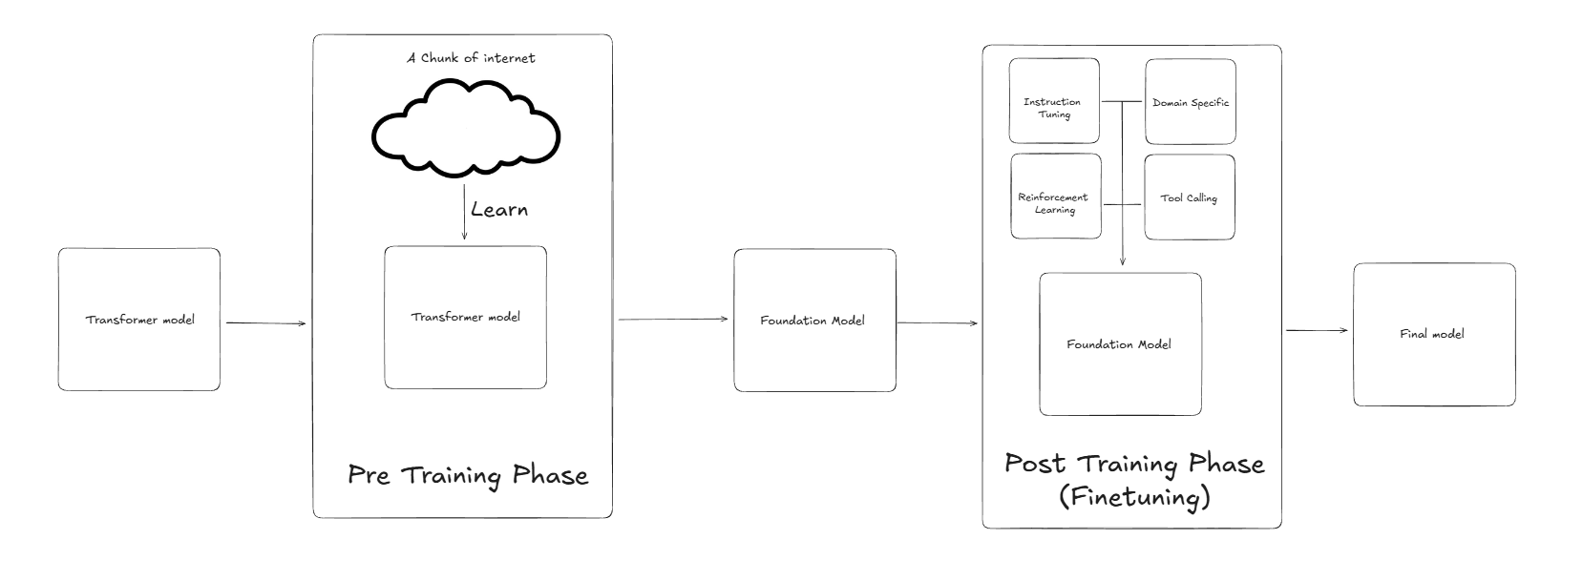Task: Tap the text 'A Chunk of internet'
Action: click(471, 58)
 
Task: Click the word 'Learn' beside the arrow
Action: click(498, 209)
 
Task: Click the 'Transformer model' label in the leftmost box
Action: click(139, 320)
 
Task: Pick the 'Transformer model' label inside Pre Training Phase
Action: click(466, 317)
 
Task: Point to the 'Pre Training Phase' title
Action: click(467, 475)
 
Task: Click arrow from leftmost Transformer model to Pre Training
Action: click(265, 323)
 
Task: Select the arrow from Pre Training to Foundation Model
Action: click(673, 320)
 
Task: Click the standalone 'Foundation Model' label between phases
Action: click(813, 321)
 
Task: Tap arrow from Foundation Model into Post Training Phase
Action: click(938, 322)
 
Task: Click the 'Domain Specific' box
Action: click(1190, 102)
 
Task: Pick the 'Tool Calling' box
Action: click(1189, 197)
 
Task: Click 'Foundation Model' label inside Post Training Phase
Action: click(1119, 344)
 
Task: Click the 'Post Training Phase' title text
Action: click(1134, 465)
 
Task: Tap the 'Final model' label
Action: click(1432, 334)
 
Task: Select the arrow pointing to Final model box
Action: click(1317, 330)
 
